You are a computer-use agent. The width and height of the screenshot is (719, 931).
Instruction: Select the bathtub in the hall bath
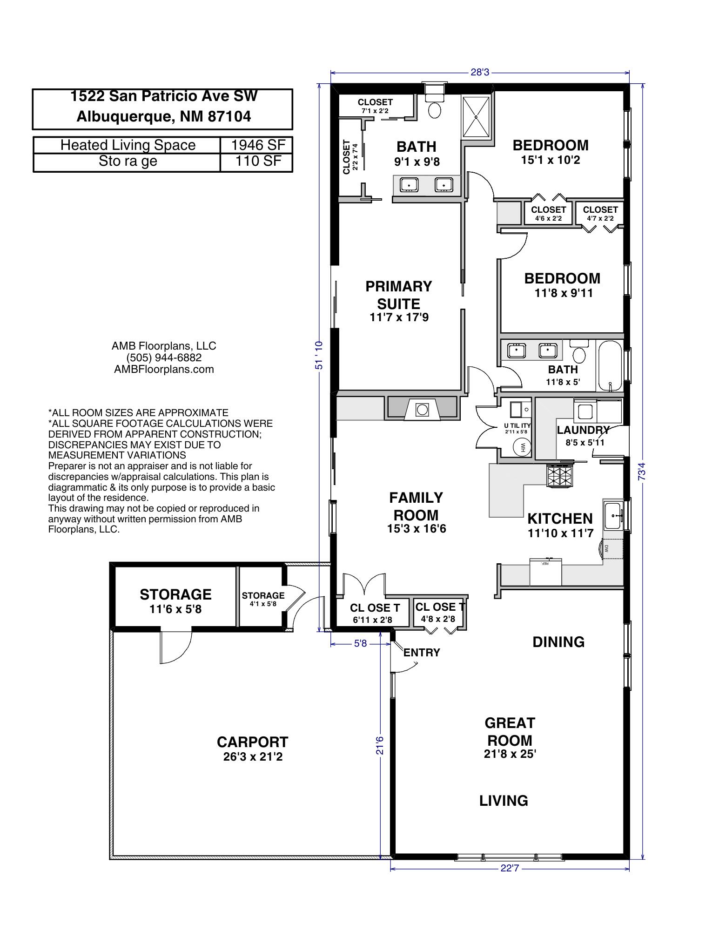tap(610, 367)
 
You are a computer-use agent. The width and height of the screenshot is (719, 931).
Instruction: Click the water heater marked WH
tap(522, 448)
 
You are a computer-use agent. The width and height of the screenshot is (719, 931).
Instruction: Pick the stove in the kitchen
tap(559, 475)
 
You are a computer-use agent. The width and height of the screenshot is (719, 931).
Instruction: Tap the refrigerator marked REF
tap(545, 571)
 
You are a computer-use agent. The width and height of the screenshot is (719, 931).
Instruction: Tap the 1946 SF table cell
tap(258, 145)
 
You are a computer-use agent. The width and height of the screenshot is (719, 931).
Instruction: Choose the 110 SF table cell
tap(258, 161)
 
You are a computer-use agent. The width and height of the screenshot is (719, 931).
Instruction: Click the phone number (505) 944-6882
tap(164, 358)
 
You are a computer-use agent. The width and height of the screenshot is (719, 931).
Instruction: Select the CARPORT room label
tap(253, 742)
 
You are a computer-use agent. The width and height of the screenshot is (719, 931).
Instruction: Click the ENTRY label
tap(422, 653)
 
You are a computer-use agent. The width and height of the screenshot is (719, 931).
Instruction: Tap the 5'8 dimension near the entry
tap(360, 644)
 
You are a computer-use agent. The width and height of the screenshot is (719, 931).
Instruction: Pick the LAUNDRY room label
tap(584, 430)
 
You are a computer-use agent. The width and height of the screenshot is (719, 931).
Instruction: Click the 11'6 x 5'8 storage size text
tap(175, 609)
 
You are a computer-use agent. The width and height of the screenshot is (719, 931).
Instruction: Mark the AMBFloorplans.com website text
tap(164, 369)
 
